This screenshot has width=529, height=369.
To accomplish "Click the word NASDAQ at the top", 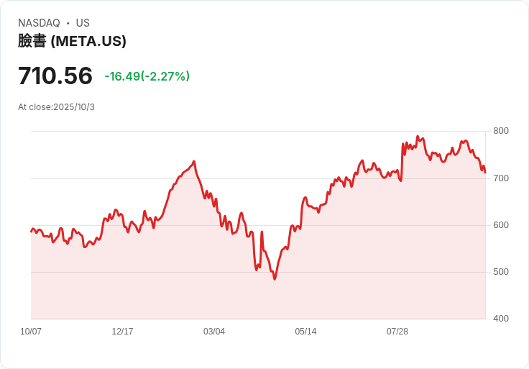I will pos(39,23).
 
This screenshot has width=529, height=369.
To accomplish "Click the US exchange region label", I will pos(83,23).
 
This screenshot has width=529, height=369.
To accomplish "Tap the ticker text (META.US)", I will pos(88,42).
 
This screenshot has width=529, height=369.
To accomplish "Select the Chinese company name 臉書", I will pos(32,42).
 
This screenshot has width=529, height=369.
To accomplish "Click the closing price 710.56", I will pos(55,76).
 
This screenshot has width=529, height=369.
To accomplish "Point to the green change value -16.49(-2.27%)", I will pos(147,76).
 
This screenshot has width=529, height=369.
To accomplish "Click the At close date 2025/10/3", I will pos(74,107).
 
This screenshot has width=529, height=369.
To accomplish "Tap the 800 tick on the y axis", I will pos(501,131).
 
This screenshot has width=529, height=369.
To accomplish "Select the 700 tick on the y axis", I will pos(501,178).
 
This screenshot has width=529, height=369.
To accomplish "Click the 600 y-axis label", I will pos(501,225).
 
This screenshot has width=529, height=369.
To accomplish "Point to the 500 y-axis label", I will pos(501,272).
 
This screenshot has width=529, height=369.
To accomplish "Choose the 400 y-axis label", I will pos(501,319).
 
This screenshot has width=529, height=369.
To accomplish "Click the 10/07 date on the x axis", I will pos(31,332).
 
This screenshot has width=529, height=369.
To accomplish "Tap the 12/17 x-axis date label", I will pos(122,332).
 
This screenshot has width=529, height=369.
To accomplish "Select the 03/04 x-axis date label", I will pos(214,332).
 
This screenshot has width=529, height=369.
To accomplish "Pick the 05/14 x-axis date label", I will pos(305,332).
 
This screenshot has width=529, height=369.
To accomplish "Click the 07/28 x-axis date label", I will pos(397,332).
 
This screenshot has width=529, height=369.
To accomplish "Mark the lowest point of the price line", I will pos(275,279).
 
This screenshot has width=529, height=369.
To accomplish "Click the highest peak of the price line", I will pos(418,136).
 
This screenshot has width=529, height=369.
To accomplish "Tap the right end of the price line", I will pos(485,173).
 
